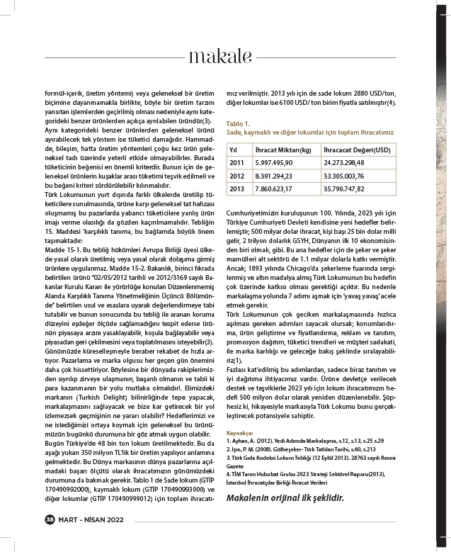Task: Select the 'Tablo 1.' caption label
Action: tap(239, 123)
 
